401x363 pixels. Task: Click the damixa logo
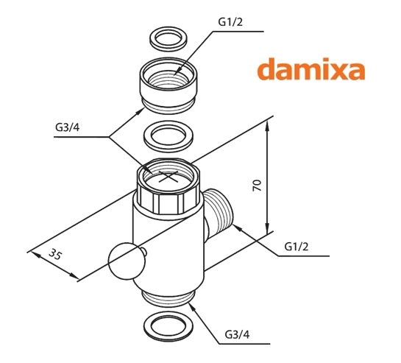click(x=311, y=68)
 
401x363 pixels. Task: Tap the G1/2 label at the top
click(x=230, y=22)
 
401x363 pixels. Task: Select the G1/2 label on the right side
click(x=297, y=247)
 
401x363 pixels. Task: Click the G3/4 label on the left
click(x=68, y=127)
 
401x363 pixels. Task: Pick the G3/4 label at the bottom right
click(x=237, y=334)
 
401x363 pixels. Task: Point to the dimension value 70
click(x=258, y=185)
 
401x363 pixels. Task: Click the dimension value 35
click(x=55, y=254)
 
